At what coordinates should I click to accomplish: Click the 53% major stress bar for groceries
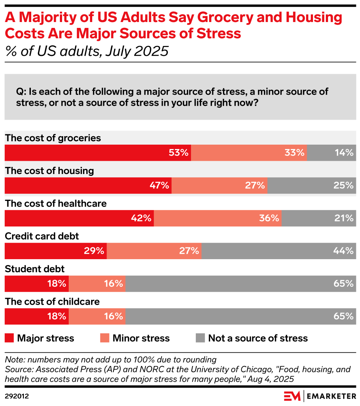click(98, 153)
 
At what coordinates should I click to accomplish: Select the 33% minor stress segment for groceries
click(249, 153)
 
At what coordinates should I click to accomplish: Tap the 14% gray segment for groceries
click(331, 153)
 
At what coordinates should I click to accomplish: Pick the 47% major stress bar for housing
click(88, 185)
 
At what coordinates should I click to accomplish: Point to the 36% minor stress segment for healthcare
click(217, 218)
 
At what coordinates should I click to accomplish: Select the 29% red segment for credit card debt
click(55, 251)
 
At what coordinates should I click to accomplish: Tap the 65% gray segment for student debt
click(240, 283)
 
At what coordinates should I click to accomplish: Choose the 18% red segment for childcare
click(37, 316)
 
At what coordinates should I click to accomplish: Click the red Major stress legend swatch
click(9, 338)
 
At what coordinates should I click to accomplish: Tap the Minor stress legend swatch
click(104, 338)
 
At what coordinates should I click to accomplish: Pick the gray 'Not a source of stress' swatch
click(200, 338)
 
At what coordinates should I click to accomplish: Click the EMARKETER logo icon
click(292, 396)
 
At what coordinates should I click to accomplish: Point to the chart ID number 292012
click(17, 396)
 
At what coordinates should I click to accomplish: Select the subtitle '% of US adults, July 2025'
click(86, 51)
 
